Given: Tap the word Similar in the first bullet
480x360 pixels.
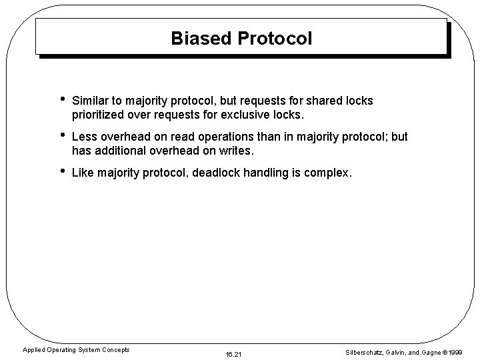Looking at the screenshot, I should click(x=91, y=101).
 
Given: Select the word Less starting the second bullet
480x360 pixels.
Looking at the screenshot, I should click(x=83, y=137).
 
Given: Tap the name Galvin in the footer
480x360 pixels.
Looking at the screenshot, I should click(x=399, y=352).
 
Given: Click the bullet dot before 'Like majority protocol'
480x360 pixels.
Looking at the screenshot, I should click(x=62, y=172).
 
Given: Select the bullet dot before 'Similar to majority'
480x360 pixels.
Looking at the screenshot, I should click(x=62, y=99).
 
